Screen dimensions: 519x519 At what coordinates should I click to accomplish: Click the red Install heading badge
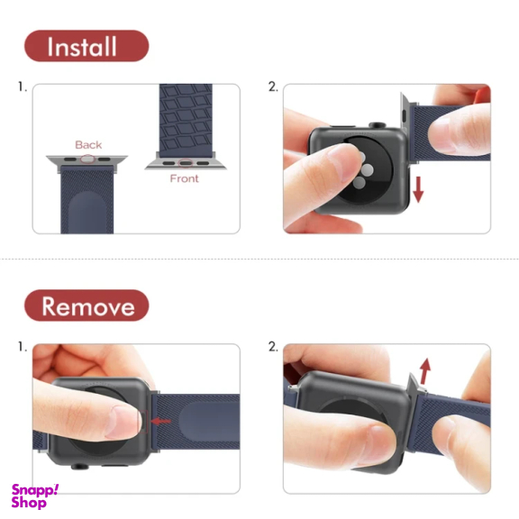click(x=86, y=46)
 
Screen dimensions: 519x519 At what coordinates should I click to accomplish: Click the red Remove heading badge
click(x=86, y=305)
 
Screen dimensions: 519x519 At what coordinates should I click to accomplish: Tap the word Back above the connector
click(x=88, y=145)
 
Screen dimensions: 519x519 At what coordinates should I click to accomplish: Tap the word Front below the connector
click(x=185, y=178)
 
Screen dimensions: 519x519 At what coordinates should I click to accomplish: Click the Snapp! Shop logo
click(x=35, y=496)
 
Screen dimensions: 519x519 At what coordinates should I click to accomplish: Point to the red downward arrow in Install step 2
click(x=418, y=189)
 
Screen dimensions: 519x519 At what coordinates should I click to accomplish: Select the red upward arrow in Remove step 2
click(x=425, y=371)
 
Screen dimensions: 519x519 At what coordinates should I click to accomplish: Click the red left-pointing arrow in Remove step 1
click(x=161, y=422)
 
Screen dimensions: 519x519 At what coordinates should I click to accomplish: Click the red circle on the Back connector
click(x=87, y=159)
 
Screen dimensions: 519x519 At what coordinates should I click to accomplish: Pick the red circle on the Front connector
click(x=186, y=163)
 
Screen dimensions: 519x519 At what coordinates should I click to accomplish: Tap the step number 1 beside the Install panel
click(x=23, y=87)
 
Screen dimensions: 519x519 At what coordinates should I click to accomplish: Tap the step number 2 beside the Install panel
click(x=273, y=87)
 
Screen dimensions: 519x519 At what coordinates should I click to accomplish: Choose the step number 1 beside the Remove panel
click(x=23, y=347)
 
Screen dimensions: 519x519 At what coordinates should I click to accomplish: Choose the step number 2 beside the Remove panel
click(x=273, y=347)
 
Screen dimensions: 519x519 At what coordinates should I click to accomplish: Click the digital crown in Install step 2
click(x=378, y=125)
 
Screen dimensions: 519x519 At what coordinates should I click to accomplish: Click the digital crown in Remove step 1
click(x=80, y=467)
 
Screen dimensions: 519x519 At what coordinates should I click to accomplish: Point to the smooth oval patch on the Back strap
click(x=87, y=212)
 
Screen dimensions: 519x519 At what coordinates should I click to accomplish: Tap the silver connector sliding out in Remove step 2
click(x=413, y=385)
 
